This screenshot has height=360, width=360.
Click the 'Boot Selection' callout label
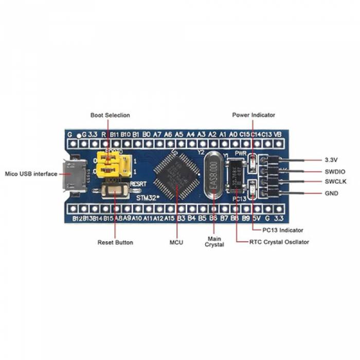(110, 115)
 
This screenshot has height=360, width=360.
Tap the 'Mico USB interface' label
(31, 174)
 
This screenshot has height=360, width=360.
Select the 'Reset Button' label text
(115, 242)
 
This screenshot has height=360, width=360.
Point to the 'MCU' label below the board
(176, 242)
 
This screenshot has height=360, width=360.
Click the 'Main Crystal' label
(215, 242)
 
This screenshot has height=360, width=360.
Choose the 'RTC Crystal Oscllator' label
(279, 242)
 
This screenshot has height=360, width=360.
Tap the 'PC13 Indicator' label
(282, 230)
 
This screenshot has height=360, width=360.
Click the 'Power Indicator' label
(254, 115)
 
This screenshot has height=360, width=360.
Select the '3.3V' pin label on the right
(331, 160)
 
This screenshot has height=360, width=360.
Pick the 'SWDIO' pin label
(335, 171)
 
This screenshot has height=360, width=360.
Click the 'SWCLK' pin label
(335, 182)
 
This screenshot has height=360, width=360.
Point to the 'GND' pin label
(332, 193)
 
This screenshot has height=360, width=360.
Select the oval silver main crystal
(214, 178)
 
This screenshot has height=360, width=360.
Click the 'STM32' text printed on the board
(148, 197)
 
